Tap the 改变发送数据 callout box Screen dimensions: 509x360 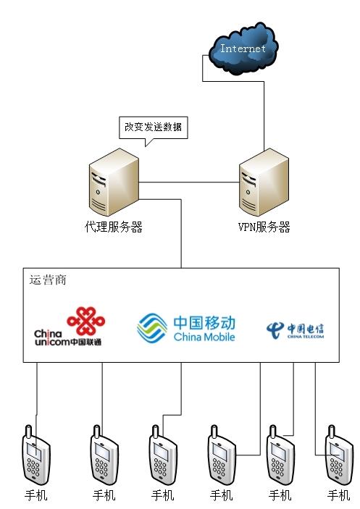(x=154, y=127)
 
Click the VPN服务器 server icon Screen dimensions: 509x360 (x=264, y=184)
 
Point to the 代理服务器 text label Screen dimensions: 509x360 (x=114, y=227)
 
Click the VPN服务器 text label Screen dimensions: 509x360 (x=264, y=227)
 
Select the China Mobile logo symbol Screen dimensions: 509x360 (x=152, y=327)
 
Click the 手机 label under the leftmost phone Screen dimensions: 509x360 (x=36, y=496)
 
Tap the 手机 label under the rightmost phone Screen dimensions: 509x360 (x=338, y=496)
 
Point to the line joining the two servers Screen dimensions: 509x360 (x=188, y=181)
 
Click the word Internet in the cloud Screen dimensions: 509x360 (x=243, y=49)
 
